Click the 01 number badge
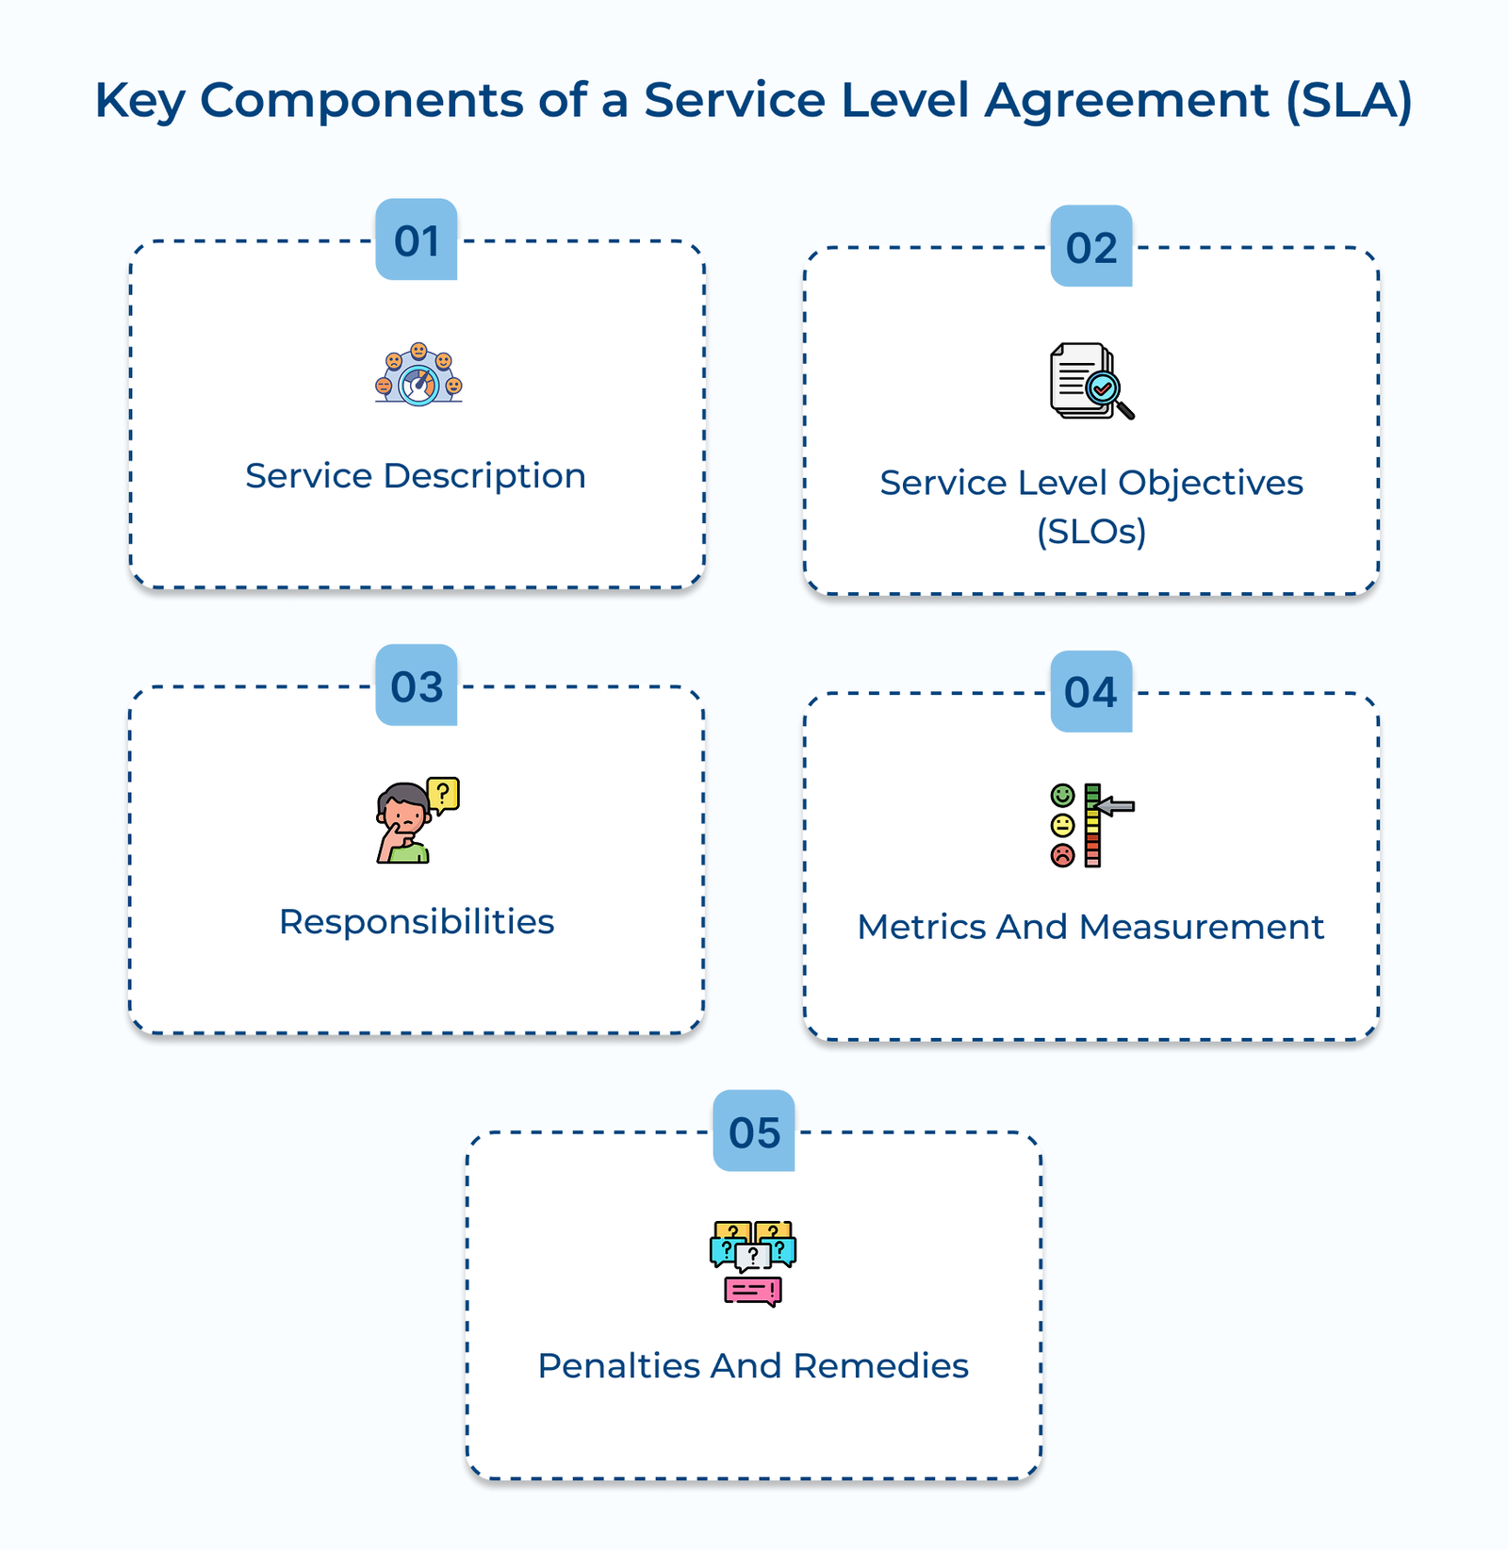(x=417, y=239)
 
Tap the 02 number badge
(x=1091, y=246)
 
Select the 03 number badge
(x=417, y=685)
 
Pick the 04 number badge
(x=1091, y=692)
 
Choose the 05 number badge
(x=754, y=1131)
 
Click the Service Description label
(x=416, y=476)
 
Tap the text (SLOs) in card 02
(x=1091, y=532)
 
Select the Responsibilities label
(x=417, y=922)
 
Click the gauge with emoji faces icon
(x=418, y=375)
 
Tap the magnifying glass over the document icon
(x=1106, y=389)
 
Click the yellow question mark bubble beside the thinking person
(x=443, y=794)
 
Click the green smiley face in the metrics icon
(x=1062, y=795)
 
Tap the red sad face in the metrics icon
(x=1062, y=855)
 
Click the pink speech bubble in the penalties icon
(x=752, y=1291)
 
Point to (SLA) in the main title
(x=1350, y=100)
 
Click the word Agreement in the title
(x=1127, y=100)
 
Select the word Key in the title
(x=139, y=100)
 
